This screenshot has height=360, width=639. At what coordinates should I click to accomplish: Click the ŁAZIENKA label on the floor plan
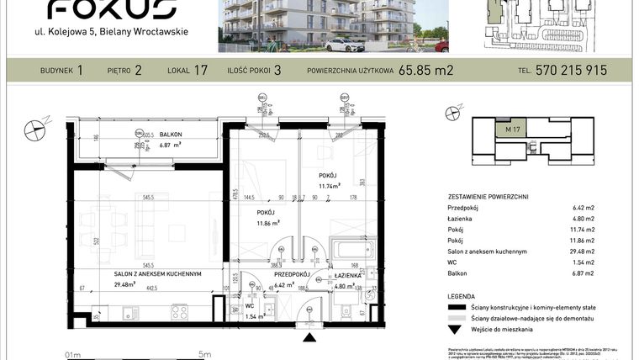point(346,275)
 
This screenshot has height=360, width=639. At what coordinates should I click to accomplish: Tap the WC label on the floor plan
point(250,305)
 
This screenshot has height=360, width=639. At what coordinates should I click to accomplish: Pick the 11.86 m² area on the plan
point(268,225)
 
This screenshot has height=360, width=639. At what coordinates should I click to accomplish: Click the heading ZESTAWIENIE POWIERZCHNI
point(488,196)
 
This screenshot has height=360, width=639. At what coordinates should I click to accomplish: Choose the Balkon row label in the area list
point(457,273)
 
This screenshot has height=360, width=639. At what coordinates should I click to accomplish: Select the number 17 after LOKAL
point(200,71)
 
